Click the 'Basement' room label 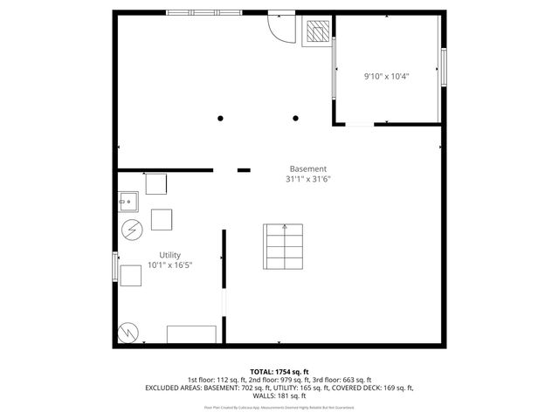point(308,168)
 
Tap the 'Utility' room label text point(169,255)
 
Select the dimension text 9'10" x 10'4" point(387,76)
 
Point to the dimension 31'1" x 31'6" point(307,179)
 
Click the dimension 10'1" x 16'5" point(169,264)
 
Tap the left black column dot point(220,119)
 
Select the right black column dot point(296,119)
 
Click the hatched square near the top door point(316,33)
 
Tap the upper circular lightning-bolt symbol point(131,230)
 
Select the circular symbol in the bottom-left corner point(127,332)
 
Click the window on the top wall point(204,12)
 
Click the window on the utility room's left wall point(114,266)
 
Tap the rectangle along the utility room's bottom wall point(191,334)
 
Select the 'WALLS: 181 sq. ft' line point(279,395)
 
